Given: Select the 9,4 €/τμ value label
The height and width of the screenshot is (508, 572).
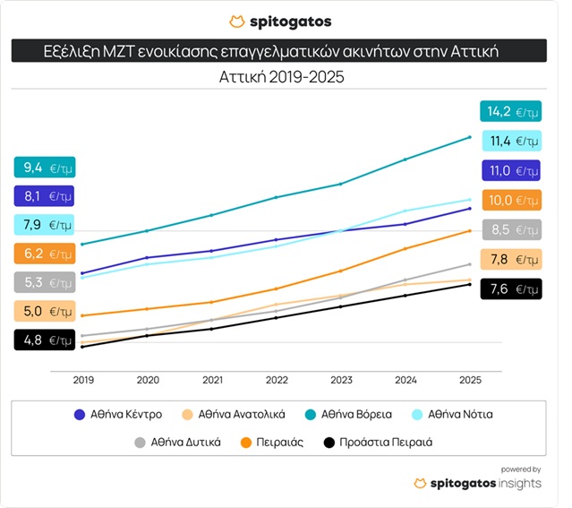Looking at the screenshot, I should coord(44,167).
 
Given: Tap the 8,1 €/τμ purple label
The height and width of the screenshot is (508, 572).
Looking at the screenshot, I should coord(44,195).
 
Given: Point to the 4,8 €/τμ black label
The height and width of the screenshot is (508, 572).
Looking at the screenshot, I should coord(44,340).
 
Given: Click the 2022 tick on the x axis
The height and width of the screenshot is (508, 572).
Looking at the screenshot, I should coord(277,380).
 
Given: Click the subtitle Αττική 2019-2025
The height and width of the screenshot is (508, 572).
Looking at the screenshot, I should coord(281,78).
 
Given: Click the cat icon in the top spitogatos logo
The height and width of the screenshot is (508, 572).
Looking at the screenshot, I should coord(236,21).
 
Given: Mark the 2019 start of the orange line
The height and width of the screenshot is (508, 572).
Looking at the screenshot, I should coord(82,315).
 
